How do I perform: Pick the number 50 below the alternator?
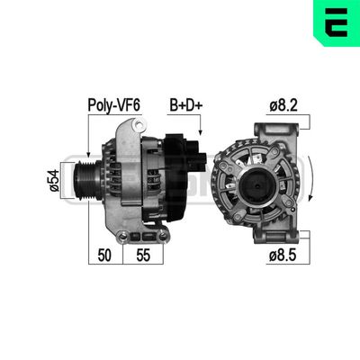[105, 255]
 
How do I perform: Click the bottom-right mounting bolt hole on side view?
[161, 236]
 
